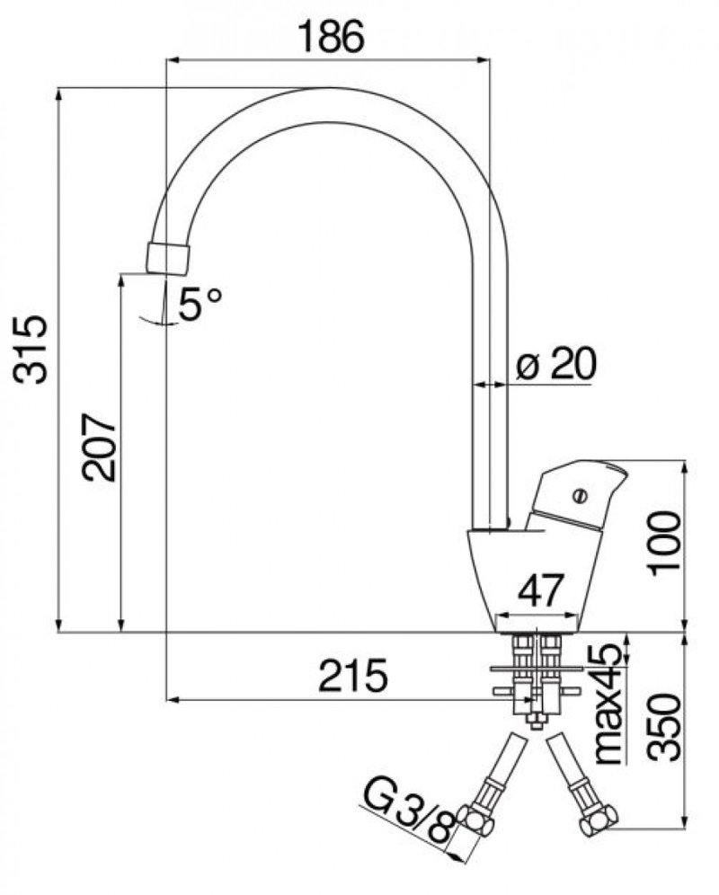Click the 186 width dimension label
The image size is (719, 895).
332,38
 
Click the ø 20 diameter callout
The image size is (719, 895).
555,364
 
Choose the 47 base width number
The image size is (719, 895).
541,589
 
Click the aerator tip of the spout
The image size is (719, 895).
168,258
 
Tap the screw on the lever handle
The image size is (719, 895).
581,495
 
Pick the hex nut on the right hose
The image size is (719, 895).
598,820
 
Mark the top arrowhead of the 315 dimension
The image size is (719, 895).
58,94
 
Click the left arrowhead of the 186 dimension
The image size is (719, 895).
172,59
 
